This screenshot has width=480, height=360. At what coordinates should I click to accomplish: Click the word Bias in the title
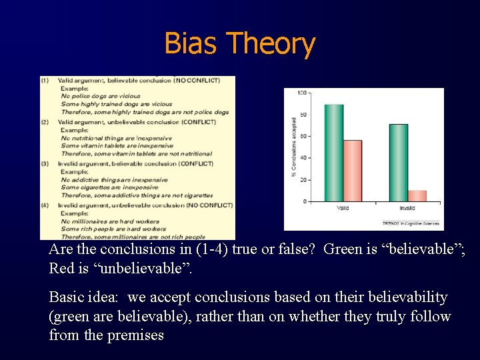point(191,44)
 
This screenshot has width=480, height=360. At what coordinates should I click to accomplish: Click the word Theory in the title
point(271,44)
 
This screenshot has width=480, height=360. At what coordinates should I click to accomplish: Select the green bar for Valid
point(333,153)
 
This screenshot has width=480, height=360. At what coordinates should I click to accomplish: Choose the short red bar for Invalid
point(417,196)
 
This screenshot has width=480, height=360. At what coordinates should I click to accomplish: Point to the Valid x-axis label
point(343,209)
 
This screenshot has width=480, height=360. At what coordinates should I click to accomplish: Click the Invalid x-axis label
point(407,209)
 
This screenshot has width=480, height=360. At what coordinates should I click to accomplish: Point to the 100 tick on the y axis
point(302,92)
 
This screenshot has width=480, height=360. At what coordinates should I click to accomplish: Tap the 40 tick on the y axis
point(303,158)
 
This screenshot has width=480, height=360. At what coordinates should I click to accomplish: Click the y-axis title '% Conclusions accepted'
point(294,147)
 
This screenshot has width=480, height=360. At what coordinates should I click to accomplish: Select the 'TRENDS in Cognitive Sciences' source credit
point(411,224)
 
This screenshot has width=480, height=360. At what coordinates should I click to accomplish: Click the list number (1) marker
point(45,81)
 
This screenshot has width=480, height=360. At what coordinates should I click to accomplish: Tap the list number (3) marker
point(45,163)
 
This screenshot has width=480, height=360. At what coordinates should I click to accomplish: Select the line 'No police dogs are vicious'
point(101,97)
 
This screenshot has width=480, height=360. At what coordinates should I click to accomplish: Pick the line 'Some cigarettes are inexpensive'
point(109,187)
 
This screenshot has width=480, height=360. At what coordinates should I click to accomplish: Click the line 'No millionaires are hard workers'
point(110,221)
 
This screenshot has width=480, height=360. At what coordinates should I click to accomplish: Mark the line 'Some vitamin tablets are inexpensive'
point(116,146)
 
